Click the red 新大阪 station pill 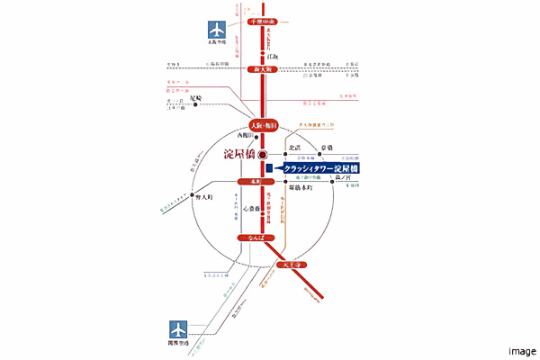[x=263, y=69]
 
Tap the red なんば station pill [x=251, y=238]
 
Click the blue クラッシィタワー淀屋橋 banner [x=320, y=167]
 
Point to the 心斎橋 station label [x=251, y=208]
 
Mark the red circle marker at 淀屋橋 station [x=263, y=155]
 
